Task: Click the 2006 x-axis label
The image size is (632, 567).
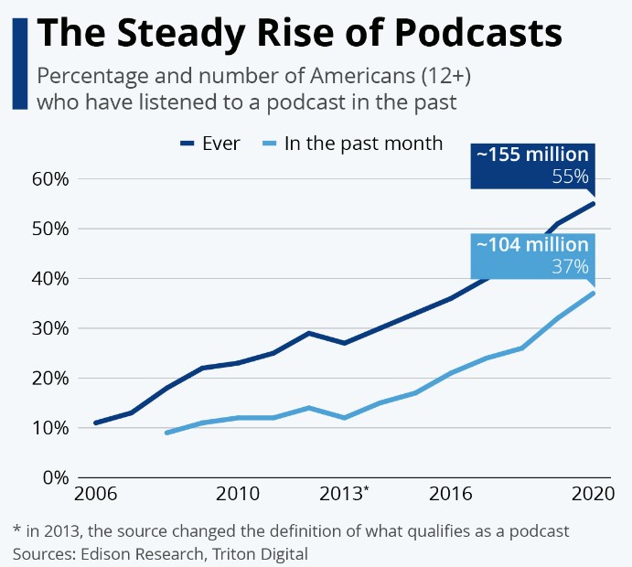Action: tap(95, 495)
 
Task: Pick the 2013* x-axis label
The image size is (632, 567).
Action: tap(345, 495)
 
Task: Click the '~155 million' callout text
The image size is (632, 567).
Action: tap(531, 155)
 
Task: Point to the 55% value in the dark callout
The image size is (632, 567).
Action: tap(570, 176)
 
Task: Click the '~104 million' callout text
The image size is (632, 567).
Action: tap(531, 245)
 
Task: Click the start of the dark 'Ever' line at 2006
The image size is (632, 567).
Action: tap(95, 423)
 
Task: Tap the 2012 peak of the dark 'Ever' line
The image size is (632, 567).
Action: tap(309, 333)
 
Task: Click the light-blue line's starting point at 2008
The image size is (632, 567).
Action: tap(166, 433)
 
